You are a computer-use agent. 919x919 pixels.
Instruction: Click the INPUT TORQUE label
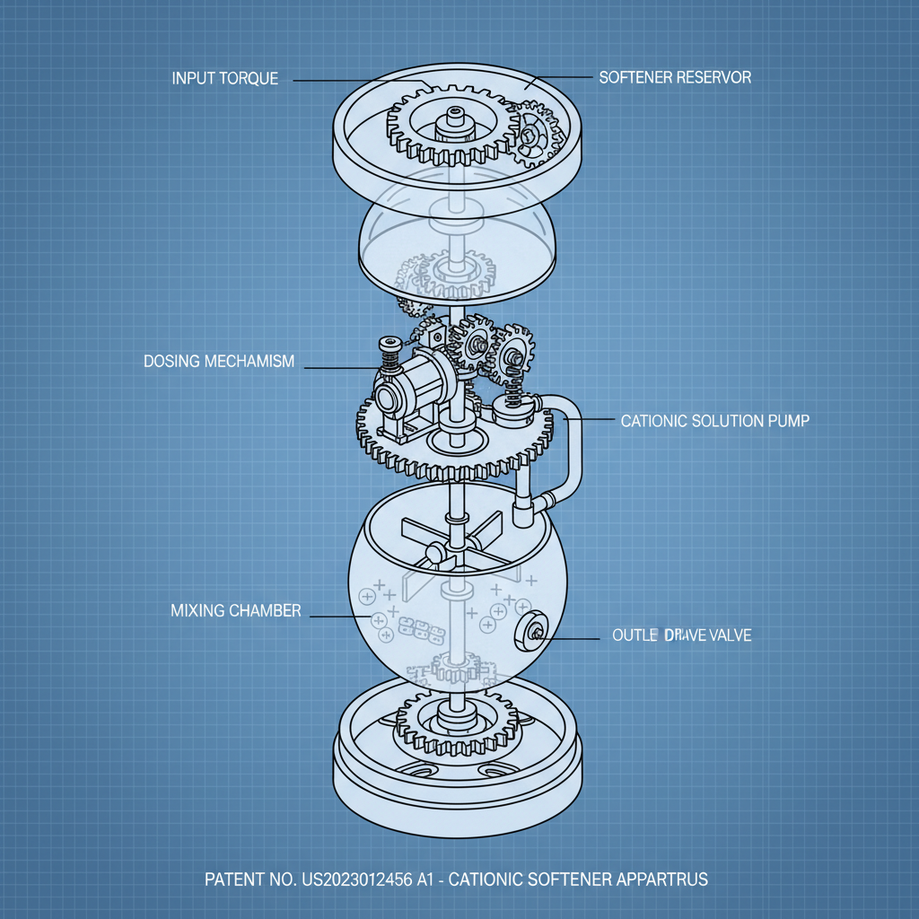pyautogui.click(x=224, y=79)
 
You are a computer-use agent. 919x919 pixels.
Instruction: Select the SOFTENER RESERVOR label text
pyautogui.click(x=675, y=77)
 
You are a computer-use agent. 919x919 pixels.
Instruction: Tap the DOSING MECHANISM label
pyautogui.click(x=219, y=362)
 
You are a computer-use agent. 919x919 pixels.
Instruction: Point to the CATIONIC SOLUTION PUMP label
pyautogui.click(x=714, y=420)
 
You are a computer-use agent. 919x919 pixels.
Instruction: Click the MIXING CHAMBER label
pyautogui.click(x=235, y=611)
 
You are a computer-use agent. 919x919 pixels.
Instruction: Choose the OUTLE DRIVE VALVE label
pyautogui.click(x=681, y=635)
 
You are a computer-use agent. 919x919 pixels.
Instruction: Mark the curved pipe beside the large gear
pyautogui.click(x=572, y=449)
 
